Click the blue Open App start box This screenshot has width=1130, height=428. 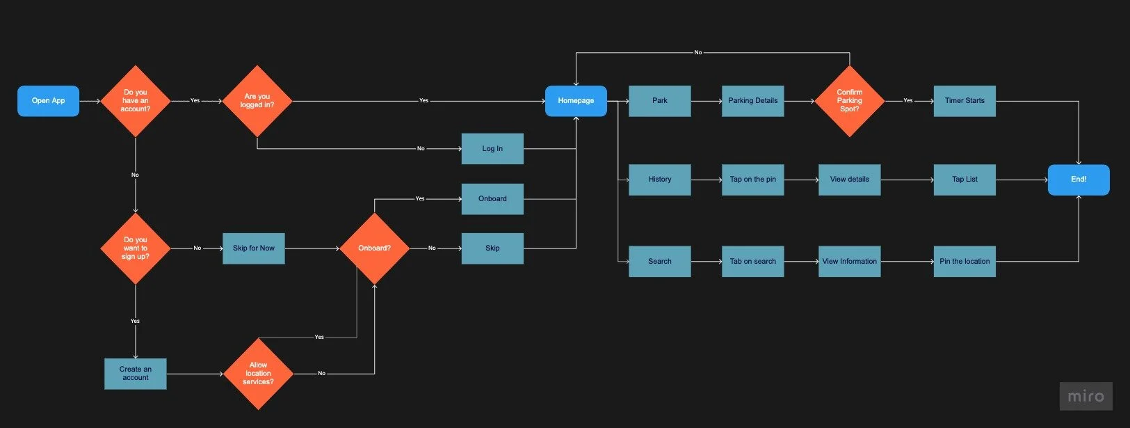click(x=48, y=101)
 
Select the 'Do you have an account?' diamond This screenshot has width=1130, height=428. click(x=136, y=101)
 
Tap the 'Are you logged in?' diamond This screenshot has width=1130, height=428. click(x=257, y=101)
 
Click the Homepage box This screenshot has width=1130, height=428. click(x=576, y=101)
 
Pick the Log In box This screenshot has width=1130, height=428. click(x=492, y=149)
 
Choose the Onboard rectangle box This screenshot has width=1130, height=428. click(x=492, y=199)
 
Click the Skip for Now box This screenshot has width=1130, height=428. click(x=254, y=248)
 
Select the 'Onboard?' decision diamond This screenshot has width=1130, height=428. click(x=374, y=248)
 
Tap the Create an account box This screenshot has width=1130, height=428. click(x=136, y=374)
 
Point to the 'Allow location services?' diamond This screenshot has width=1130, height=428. click(x=258, y=374)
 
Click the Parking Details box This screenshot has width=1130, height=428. click(x=752, y=101)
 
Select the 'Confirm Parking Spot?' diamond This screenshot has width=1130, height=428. click(x=849, y=101)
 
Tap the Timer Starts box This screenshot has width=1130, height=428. click(x=964, y=101)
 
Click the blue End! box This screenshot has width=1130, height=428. click(x=1079, y=180)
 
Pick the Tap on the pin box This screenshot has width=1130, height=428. click(x=752, y=180)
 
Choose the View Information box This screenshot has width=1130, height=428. click(x=849, y=262)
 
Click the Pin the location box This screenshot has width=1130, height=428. click(x=964, y=262)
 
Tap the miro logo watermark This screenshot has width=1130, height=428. click(x=1085, y=396)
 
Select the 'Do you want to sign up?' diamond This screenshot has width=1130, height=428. click(x=136, y=248)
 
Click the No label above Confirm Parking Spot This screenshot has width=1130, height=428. click(x=698, y=53)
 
